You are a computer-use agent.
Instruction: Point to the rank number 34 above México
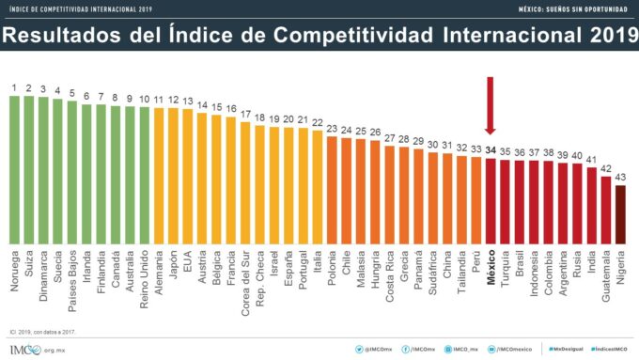tap(490, 149)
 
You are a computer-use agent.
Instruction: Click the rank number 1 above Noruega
tap(15, 88)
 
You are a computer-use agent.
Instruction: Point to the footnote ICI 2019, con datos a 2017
tap(43, 330)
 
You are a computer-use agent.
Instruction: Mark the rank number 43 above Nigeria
tap(619, 178)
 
